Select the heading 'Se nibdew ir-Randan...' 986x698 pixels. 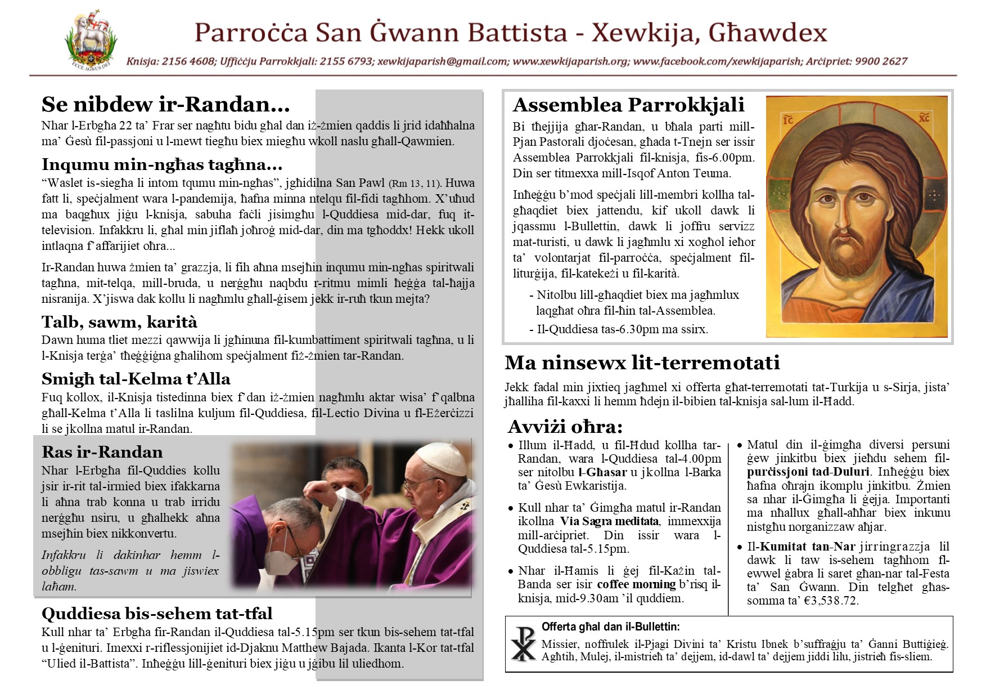tap(165, 104)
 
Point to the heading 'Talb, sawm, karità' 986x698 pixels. tap(119, 322)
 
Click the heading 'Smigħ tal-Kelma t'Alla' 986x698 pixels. tap(136, 379)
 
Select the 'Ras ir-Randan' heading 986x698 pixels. tap(102, 452)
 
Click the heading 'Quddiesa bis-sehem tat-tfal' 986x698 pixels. tap(157, 613)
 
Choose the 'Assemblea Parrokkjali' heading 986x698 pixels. tap(628, 105)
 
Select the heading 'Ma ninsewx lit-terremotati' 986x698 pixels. tap(642, 363)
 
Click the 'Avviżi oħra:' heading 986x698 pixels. tap(565, 426)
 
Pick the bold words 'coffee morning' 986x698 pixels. tap(636, 584)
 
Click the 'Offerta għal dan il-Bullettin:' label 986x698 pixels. tap(610, 627)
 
